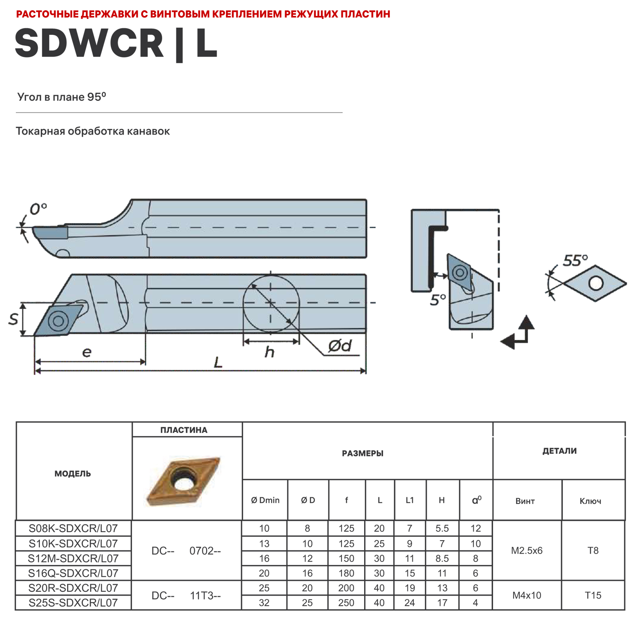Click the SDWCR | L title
point(116,43)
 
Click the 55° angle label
point(575,260)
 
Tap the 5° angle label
point(438,300)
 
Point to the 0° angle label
point(38,209)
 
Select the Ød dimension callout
point(340,346)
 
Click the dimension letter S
point(13,319)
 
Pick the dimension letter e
point(87,352)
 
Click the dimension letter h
point(269,352)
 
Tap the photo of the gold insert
point(183,480)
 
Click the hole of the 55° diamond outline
point(596,283)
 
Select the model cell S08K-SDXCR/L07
point(73,528)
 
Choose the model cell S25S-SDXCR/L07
point(73,603)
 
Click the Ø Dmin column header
point(265,500)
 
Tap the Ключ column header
point(590,501)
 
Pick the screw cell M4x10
point(527,595)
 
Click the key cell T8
point(593,551)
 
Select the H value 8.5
point(442,559)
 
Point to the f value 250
point(346,603)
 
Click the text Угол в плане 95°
point(62,97)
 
